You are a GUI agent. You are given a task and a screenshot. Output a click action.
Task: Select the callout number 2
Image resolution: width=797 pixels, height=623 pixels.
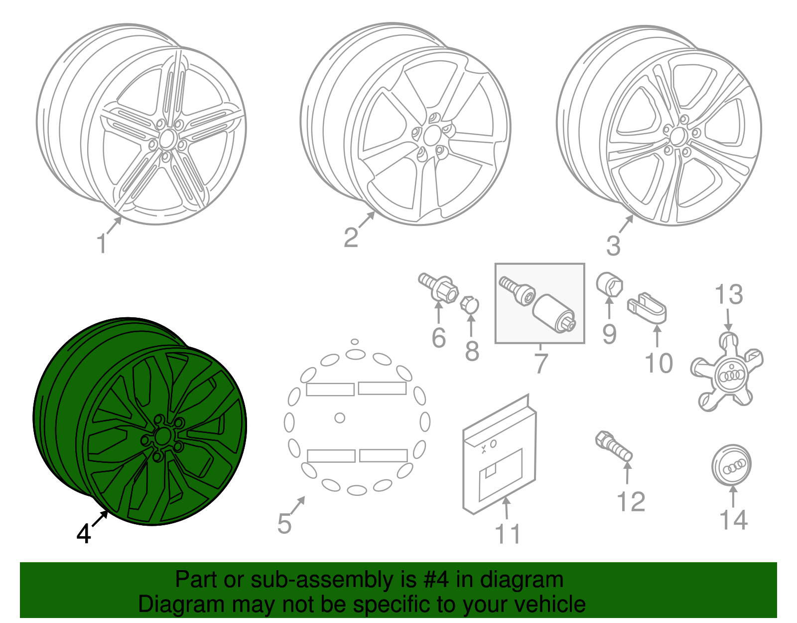pos(351,237)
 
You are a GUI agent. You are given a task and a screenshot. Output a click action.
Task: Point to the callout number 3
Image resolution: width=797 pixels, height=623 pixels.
pos(613,245)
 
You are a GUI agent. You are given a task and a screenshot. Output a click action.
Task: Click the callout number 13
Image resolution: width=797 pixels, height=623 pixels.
pos(729,294)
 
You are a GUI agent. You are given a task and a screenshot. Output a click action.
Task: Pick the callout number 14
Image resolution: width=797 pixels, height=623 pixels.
pos(733,519)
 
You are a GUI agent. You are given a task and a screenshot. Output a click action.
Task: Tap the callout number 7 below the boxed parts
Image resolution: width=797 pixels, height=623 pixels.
pos(541,363)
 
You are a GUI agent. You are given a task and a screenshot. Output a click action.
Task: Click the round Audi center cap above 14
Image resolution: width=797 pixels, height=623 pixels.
pos(731,465)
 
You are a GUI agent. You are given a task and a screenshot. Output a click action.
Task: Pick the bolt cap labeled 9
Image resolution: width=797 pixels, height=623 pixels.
pos(609,284)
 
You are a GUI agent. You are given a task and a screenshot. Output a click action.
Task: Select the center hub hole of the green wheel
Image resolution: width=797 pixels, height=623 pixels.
pos(161,436)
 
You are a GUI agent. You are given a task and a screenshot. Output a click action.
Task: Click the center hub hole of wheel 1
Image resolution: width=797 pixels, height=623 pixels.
pos(167,138)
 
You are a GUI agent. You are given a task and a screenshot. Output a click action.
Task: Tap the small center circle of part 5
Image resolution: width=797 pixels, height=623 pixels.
pos(340,418)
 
